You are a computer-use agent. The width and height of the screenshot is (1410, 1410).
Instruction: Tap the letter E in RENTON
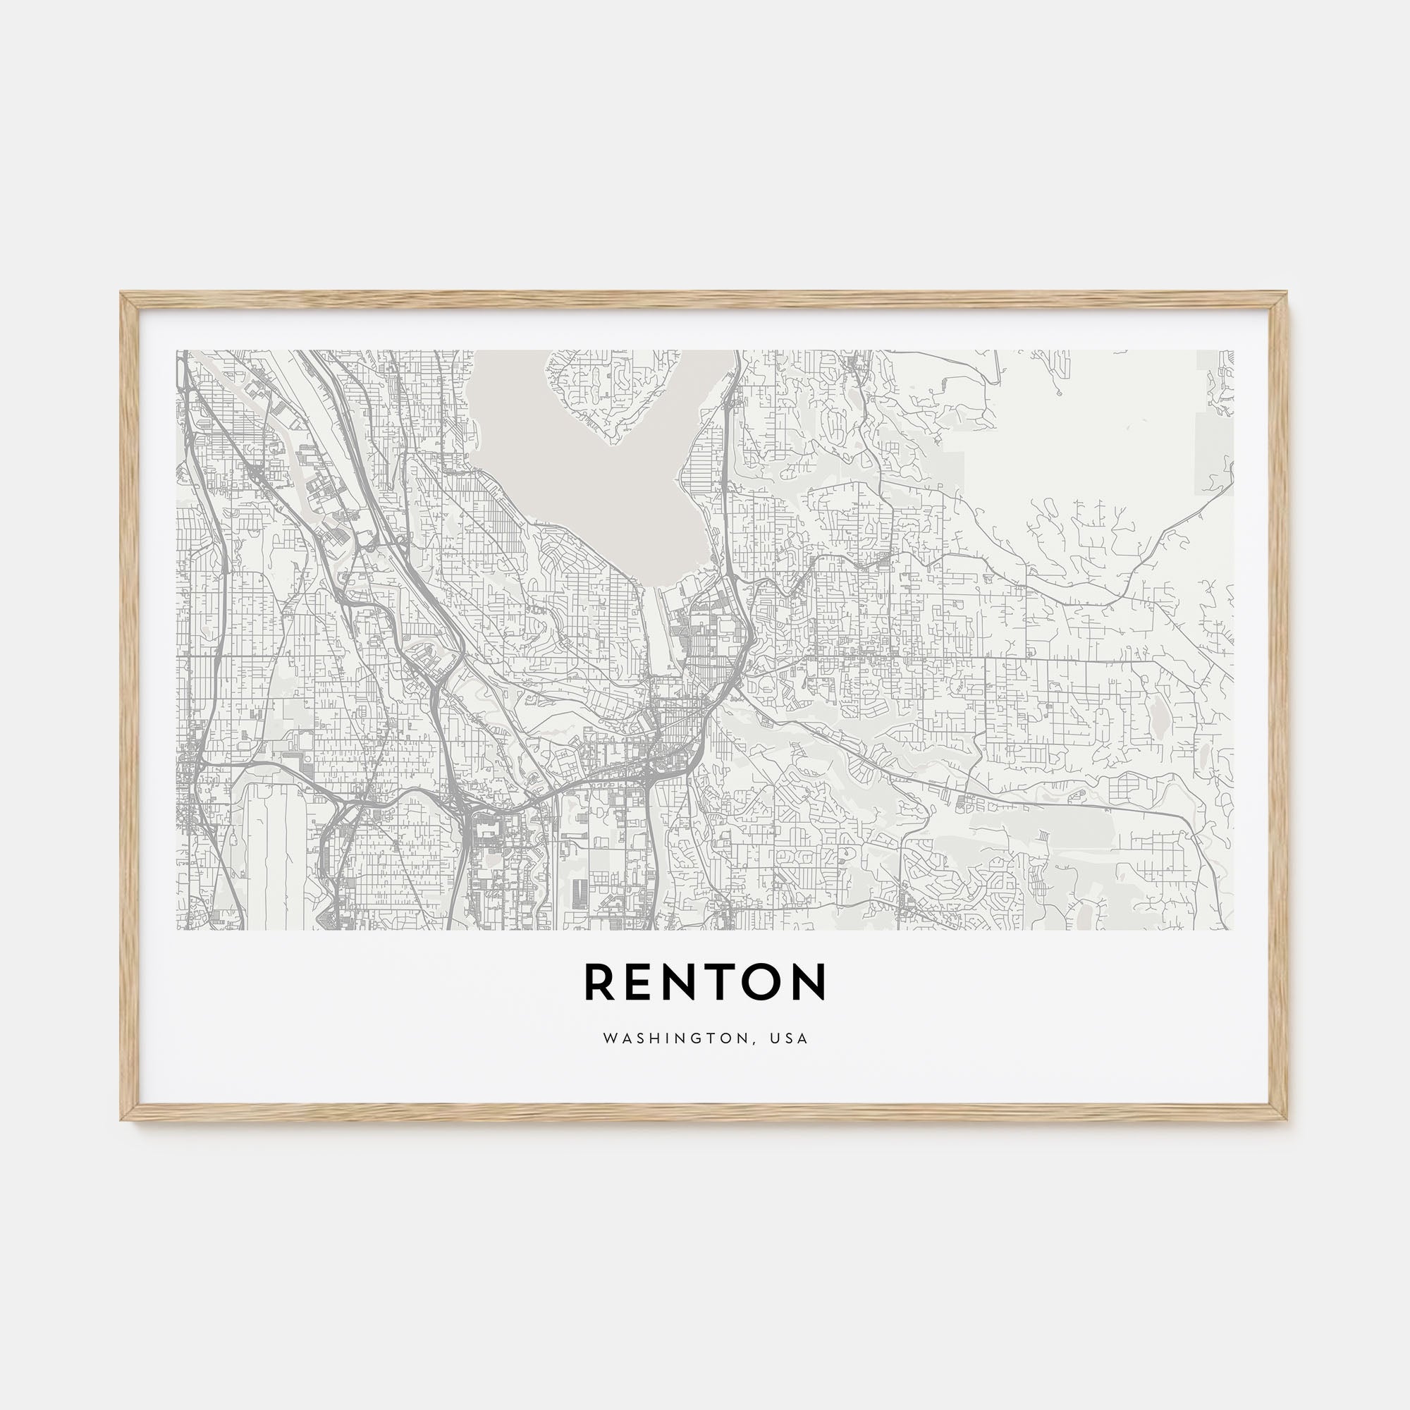click(x=641, y=982)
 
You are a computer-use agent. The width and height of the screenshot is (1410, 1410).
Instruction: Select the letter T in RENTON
click(x=730, y=982)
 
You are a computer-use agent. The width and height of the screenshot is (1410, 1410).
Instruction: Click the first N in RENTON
click(x=685, y=982)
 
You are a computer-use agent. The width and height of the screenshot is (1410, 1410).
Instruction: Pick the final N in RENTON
click(x=812, y=982)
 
